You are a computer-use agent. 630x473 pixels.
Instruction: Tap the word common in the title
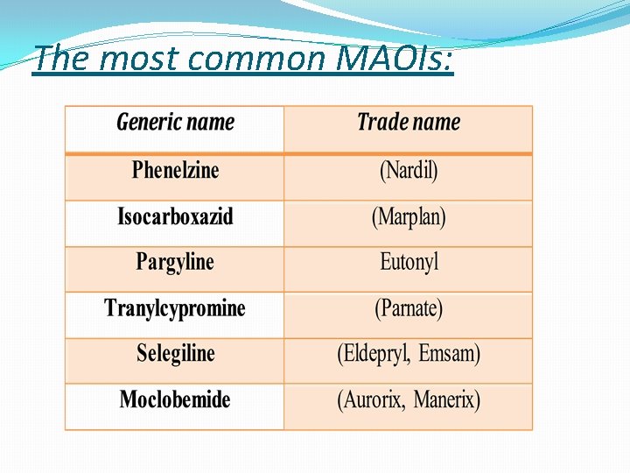256,59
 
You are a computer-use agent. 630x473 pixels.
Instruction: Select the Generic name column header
175,123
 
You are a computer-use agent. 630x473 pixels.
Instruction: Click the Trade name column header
409,123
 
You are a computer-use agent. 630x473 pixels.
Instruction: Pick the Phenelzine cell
175,170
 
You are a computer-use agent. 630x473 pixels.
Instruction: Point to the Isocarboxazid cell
175,216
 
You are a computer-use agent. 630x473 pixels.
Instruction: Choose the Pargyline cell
175,262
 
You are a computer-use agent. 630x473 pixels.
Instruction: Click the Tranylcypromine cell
175,308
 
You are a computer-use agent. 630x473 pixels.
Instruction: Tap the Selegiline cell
175,354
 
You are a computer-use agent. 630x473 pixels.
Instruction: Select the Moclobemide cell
175,400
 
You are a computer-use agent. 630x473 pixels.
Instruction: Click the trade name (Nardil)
409,170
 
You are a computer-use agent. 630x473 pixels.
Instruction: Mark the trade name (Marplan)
409,216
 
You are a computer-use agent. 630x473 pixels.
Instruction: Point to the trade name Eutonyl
409,262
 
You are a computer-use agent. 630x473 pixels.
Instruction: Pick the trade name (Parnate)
409,308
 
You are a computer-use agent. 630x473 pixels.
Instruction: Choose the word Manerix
446,400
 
